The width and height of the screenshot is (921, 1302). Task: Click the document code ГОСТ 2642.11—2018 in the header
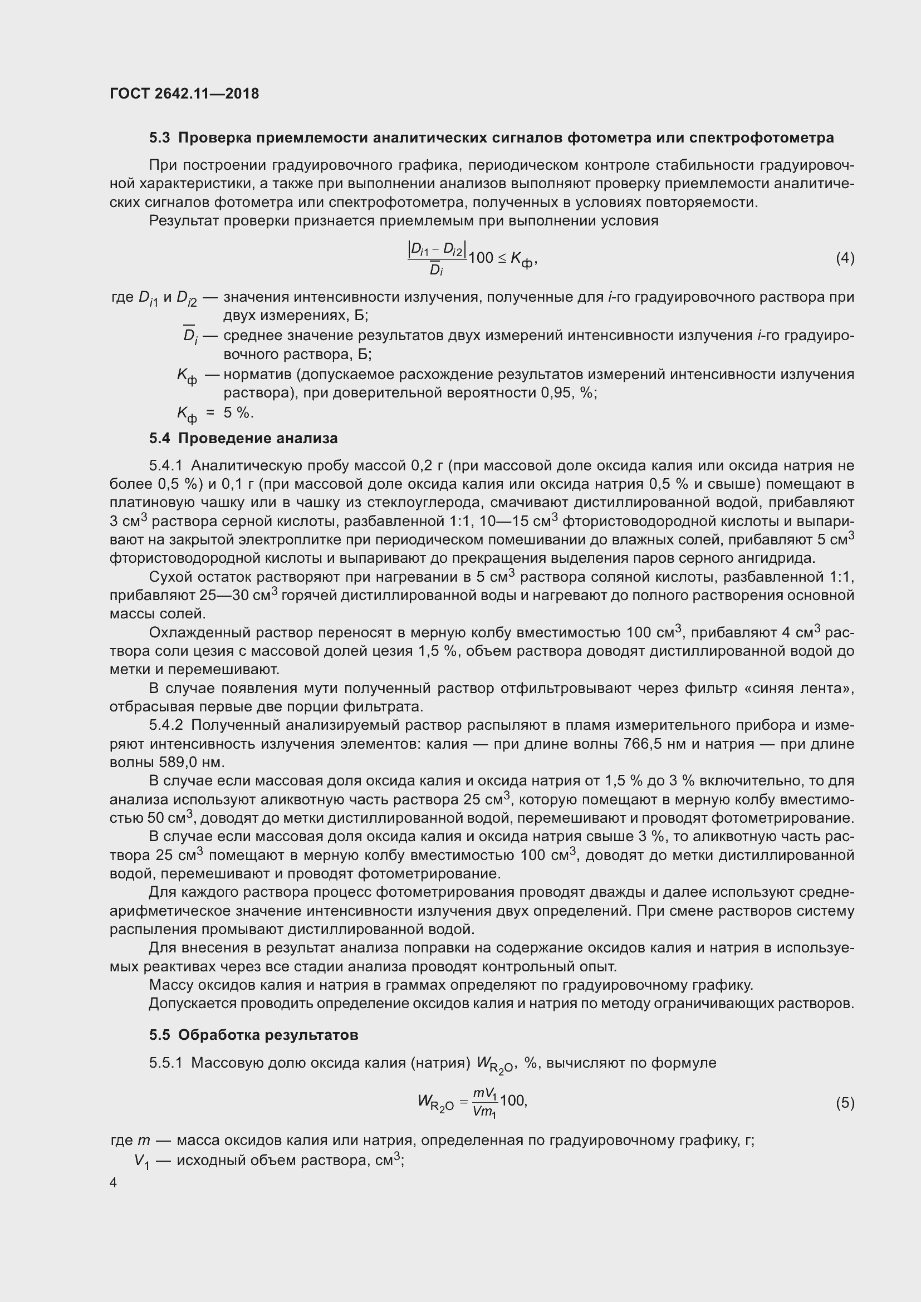coord(184,94)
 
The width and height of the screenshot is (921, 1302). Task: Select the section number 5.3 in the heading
coord(159,138)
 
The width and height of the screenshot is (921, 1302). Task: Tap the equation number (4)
coord(845,258)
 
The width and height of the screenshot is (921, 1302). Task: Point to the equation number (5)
coord(845,1102)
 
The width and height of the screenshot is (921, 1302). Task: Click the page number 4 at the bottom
coord(114,1182)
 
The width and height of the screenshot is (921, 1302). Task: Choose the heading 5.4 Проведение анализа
coord(243,438)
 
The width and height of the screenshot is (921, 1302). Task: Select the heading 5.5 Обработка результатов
coord(253,1035)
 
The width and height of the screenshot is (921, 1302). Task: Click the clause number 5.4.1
coord(165,465)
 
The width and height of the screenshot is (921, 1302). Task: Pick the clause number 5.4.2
coord(165,725)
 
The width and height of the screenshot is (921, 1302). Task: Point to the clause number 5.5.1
coord(165,1063)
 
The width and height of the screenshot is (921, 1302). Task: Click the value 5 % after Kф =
coord(238,412)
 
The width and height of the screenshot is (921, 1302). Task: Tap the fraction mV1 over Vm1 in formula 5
coord(485,1102)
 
